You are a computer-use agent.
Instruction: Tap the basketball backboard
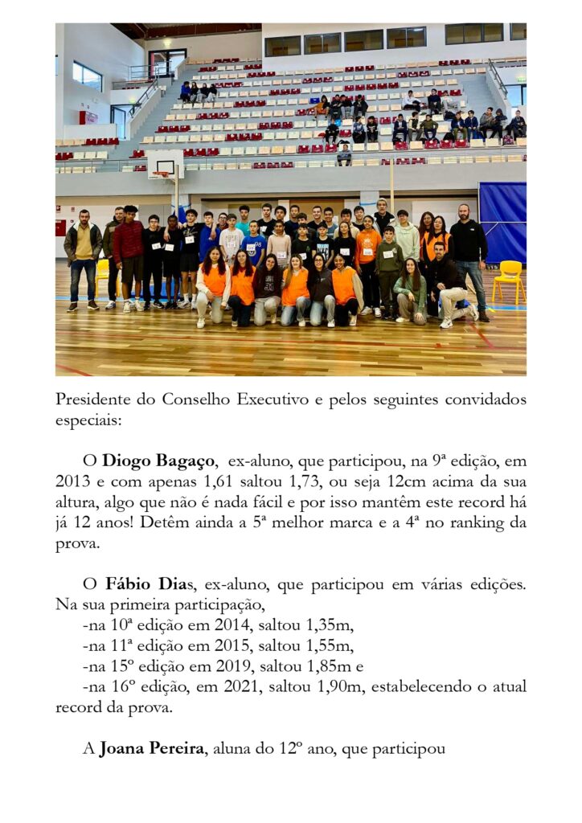point(165,165)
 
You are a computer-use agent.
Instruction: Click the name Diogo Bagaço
point(159,462)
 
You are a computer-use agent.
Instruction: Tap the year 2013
point(73,483)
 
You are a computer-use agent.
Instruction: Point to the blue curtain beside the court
point(502,221)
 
